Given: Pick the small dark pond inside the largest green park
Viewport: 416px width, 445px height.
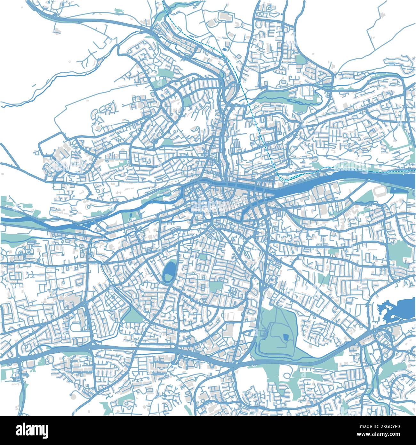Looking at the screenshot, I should click(285, 337).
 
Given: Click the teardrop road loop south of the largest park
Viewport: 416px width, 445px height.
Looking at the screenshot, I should click(286, 375).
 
